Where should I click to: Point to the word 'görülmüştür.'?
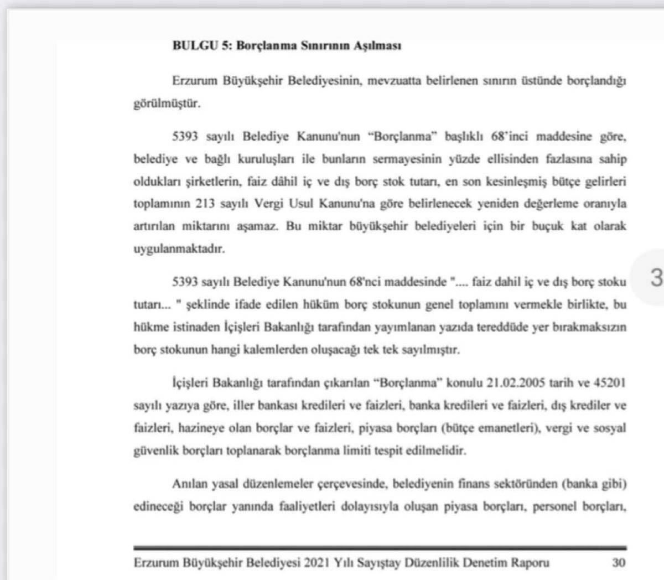tap(166, 103)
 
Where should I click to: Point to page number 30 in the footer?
tap(619, 563)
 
